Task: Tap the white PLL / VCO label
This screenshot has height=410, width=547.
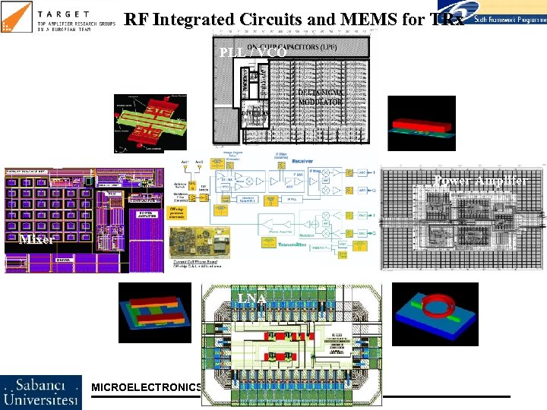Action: pos(252,53)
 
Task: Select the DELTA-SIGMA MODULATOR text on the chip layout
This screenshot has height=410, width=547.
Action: pos(320,96)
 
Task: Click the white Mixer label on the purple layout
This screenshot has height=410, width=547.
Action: pos(36,239)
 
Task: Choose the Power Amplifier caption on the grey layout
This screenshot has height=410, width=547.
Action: pos(479,181)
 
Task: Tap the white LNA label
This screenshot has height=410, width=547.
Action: pos(251,298)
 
